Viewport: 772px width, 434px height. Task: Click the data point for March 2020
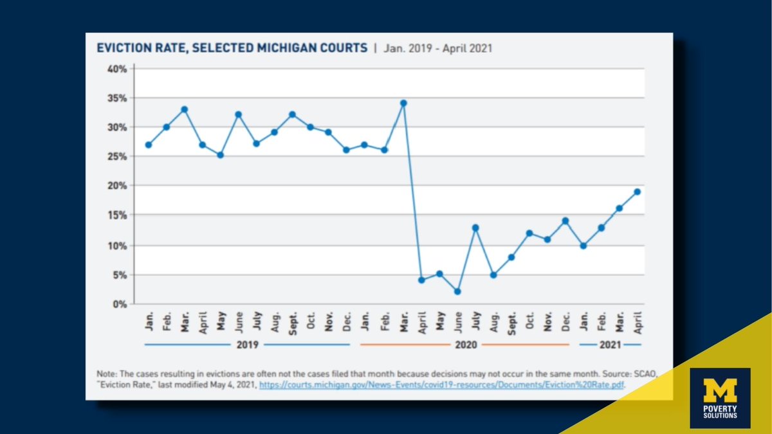point(403,103)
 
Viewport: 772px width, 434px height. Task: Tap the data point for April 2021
point(637,192)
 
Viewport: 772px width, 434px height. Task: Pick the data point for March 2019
point(184,109)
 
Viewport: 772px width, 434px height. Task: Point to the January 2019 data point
point(149,145)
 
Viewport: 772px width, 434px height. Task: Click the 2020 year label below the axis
point(465,345)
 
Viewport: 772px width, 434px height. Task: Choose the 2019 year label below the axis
point(247,345)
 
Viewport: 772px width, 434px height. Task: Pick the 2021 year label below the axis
point(611,345)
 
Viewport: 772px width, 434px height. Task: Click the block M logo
point(720,390)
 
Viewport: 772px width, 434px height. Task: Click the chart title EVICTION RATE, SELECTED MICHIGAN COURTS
point(232,48)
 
